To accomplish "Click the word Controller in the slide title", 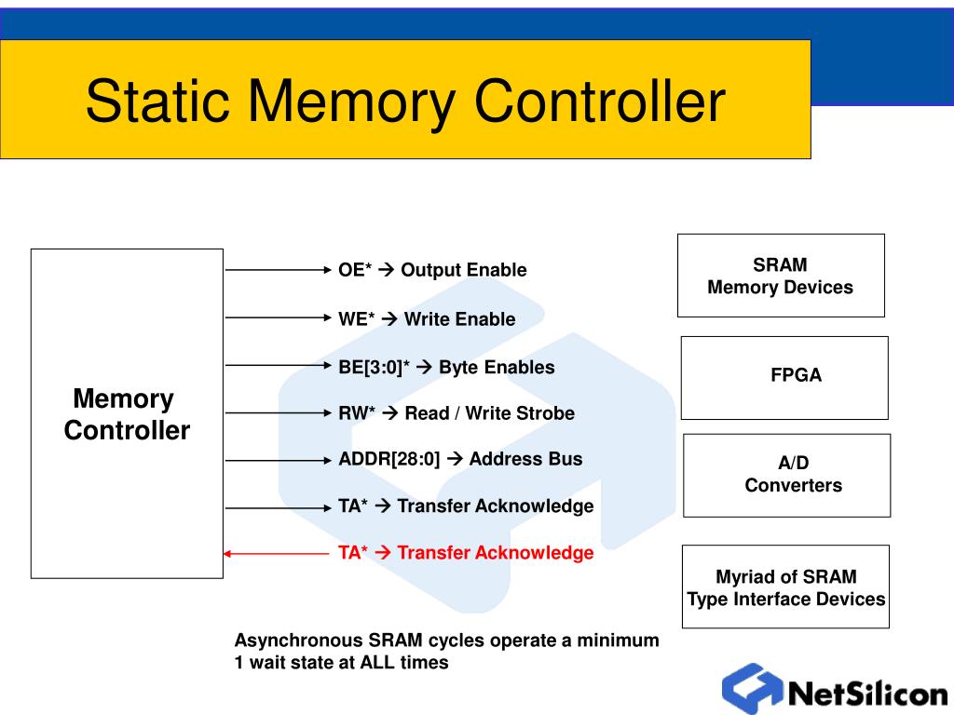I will [x=600, y=101].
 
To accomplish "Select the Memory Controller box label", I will [x=126, y=415].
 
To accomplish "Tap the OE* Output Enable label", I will [x=432, y=270].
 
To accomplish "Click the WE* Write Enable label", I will [x=427, y=319].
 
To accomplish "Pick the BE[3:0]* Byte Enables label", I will [x=446, y=367].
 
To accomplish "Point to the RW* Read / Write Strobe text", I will [x=457, y=412].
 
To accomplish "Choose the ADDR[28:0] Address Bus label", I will [x=460, y=458].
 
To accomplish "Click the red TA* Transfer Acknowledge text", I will [x=466, y=553].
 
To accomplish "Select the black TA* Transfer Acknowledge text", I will [x=466, y=506].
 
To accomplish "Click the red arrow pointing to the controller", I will [x=276, y=554].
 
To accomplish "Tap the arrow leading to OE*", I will [x=278, y=270].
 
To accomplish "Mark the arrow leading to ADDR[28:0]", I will [x=278, y=459].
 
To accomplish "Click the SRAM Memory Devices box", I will [x=781, y=276].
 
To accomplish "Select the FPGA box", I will [x=784, y=377].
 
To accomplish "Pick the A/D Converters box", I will [x=787, y=475].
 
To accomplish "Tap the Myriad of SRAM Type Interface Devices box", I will [x=786, y=587].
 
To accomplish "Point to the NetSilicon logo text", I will [x=867, y=695].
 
